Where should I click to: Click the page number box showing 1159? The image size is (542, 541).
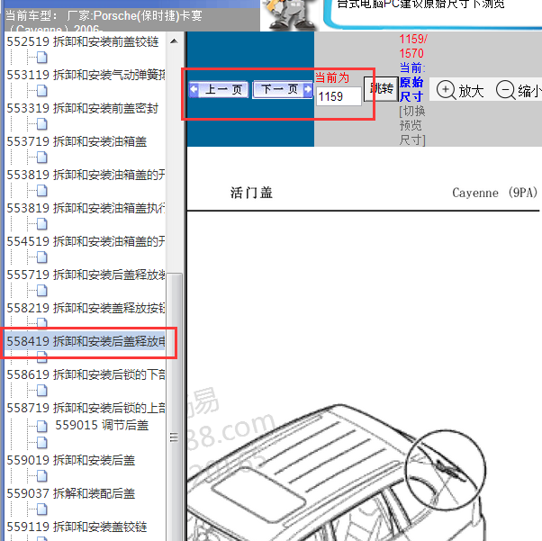click(338, 96)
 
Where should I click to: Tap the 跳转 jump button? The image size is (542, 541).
click(380, 89)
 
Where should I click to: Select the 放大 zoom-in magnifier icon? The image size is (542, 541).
click(446, 90)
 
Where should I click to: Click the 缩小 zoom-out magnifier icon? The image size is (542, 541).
click(505, 90)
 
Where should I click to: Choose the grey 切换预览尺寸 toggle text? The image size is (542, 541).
click(411, 125)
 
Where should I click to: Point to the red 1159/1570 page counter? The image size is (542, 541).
click(413, 47)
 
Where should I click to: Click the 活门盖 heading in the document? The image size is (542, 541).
click(252, 193)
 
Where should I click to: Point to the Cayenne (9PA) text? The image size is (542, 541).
click(493, 193)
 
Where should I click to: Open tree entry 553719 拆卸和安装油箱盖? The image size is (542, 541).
click(77, 141)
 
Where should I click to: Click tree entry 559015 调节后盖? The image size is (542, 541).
click(102, 425)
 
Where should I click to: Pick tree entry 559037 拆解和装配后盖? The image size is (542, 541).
click(71, 493)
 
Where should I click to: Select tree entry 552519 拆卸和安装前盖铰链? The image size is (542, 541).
click(82, 41)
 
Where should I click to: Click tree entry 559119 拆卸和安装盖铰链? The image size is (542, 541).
click(77, 527)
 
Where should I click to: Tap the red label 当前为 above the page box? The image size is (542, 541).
click(332, 77)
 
